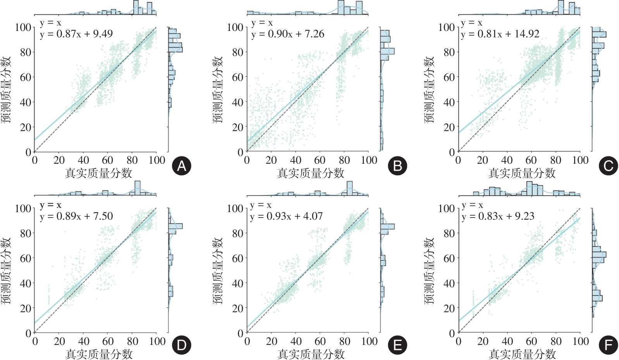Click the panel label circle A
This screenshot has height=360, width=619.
coord(181,166)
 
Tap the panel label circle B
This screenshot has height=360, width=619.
coord(397,166)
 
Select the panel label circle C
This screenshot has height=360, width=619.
coord(608,166)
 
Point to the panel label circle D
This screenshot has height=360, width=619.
coord(181,345)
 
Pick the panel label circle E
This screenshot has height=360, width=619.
coord(397,345)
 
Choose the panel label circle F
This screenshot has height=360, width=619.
coord(608,345)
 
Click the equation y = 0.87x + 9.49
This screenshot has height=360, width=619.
coord(76,34)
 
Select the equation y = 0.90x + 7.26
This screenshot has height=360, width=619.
coord(288,34)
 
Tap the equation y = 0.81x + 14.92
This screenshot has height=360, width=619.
coord(500,34)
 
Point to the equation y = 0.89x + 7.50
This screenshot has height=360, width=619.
coord(76,216)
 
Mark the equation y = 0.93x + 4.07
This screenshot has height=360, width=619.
coord(286,216)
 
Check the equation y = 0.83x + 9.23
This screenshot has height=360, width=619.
coord(498,216)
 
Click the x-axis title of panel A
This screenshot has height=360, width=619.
coord(98,173)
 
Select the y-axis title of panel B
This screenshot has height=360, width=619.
coord(218,90)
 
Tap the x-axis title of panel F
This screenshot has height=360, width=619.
coord(522,354)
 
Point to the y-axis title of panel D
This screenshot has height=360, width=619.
coord(6,271)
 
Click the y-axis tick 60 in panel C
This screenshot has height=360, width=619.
coord(449,77)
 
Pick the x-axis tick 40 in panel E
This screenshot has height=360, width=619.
coord(296,341)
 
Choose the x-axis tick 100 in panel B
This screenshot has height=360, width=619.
coord(369,160)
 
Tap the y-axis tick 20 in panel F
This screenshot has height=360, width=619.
coord(449,309)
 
